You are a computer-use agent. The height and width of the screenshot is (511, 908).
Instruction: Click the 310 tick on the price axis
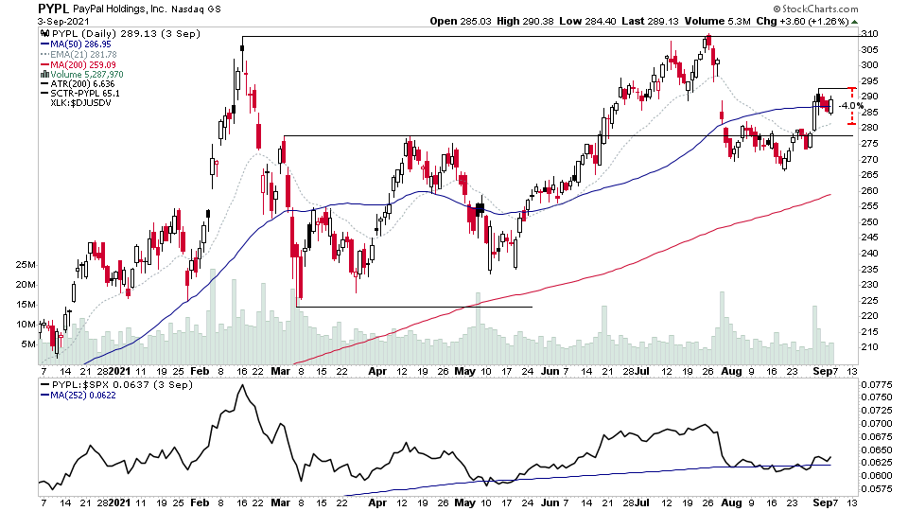(870, 34)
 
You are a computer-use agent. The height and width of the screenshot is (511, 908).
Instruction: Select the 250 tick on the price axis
(870, 221)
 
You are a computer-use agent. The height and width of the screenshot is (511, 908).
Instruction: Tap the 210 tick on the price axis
(870, 347)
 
